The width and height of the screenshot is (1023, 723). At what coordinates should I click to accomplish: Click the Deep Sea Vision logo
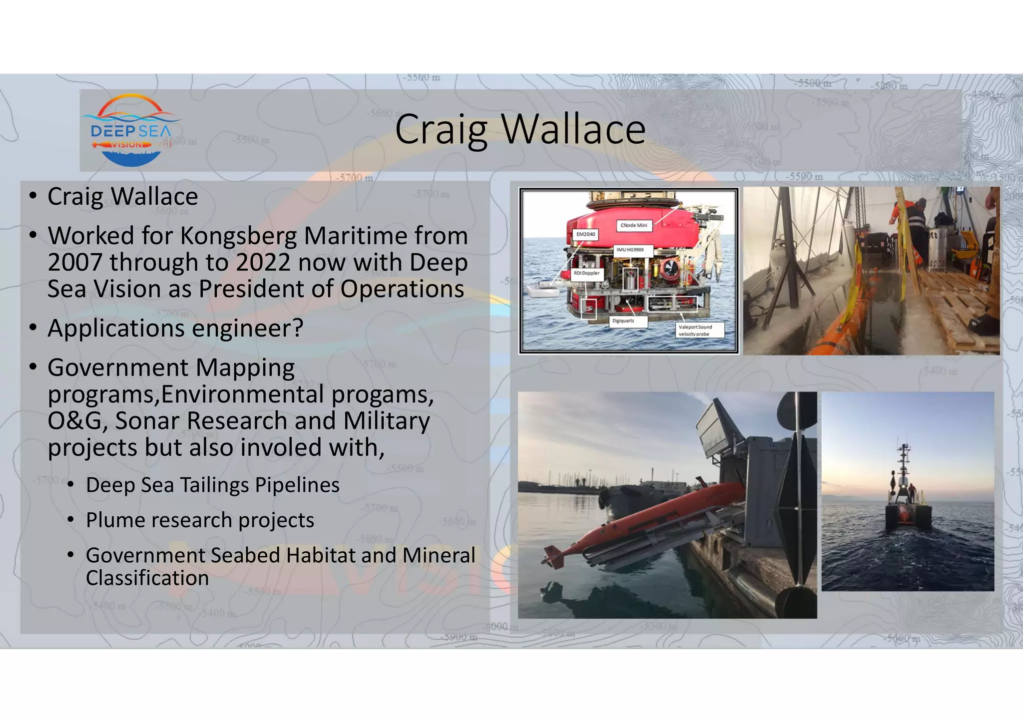click(131, 131)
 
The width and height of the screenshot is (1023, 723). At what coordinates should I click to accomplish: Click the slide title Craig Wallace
click(520, 129)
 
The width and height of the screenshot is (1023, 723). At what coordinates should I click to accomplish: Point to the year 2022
click(263, 262)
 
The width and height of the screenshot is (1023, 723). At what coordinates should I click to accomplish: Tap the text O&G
click(77, 421)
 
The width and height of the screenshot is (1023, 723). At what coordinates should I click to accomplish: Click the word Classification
click(147, 578)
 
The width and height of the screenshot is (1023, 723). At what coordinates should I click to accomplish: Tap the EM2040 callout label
click(585, 234)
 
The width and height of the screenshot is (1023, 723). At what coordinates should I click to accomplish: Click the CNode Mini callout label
click(633, 225)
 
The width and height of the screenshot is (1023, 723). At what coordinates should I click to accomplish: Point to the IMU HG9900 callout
click(629, 250)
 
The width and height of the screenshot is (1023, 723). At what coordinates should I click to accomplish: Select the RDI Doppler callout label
click(586, 273)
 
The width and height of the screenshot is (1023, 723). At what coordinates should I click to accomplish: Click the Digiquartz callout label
click(623, 321)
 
